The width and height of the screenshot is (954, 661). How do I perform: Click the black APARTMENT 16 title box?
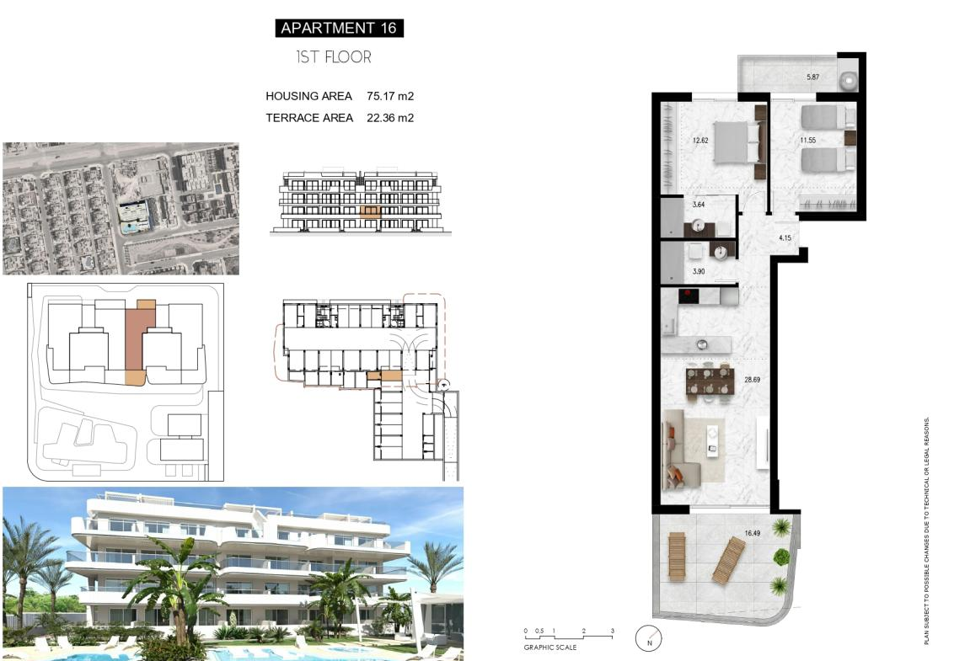(x=339, y=28)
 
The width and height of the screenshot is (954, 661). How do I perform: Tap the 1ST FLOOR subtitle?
(x=334, y=57)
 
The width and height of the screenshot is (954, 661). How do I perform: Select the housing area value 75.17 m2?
(x=390, y=96)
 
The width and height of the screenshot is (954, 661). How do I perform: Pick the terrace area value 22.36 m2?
(x=390, y=118)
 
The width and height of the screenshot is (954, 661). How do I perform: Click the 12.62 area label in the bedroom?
(x=700, y=141)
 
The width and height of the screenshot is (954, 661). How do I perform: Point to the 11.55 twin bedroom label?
(x=808, y=141)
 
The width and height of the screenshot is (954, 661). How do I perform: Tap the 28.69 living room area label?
(x=752, y=380)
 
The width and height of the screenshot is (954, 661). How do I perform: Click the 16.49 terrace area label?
(x=752, y=533)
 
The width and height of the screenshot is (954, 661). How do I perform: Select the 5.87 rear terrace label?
(x=813, y=77)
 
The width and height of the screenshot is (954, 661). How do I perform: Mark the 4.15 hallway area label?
(x=785, y=237)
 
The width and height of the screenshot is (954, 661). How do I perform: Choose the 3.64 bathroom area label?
(x=699, y=205)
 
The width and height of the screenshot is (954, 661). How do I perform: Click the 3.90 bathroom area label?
(x=699, y=271)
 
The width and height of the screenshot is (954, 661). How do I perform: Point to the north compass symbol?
(x=649, y=638)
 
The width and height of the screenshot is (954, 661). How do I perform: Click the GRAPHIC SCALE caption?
(x=550, y=648)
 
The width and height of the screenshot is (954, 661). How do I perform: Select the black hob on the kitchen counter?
(x=689, y=296)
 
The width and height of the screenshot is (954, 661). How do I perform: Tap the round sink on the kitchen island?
(x=701, y=344)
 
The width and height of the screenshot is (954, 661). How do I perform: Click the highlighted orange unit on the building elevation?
(x=370, y=211)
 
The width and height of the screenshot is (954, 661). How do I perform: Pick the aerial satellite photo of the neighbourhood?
(x=121, y=209)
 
